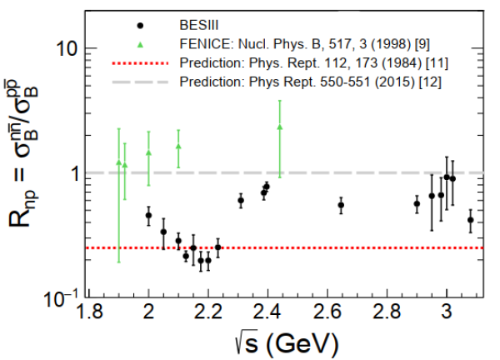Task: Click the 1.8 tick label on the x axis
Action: coord(89,314)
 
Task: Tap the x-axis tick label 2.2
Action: coord(208,314)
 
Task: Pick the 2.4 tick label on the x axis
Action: coord(268,314)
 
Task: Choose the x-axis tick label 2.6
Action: coord(328,314)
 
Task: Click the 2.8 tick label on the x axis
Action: coord(387,314)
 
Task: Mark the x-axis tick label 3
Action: coord(447,314)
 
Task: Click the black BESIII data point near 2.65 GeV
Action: coord(341,205)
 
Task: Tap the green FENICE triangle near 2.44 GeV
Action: coord(280,127)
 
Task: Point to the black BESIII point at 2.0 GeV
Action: coord(148,215)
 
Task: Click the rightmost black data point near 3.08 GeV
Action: coord(471,220)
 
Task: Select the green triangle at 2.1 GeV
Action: coord(178,146)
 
